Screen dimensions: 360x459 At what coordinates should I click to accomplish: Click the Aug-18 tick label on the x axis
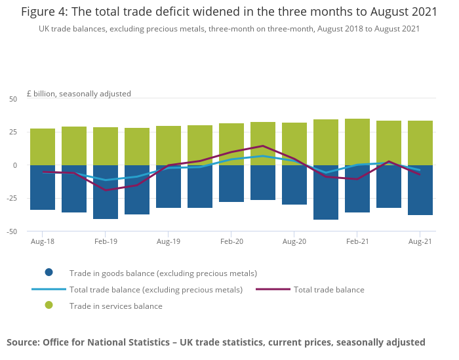tap(43, 241)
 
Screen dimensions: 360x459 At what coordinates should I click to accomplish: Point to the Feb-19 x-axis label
tap(106, 241)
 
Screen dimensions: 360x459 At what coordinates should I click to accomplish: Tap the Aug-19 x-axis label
tap(169, 241)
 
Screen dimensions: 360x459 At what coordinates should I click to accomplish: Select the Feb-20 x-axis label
tap(231, 241)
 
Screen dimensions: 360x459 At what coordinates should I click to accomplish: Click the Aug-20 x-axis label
tap(294, 241)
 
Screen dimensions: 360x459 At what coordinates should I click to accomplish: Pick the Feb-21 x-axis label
tap(357, 241)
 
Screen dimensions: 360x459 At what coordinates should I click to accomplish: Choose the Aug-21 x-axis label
tap(420, 241)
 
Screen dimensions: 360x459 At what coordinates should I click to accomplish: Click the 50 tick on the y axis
tap(13, 99)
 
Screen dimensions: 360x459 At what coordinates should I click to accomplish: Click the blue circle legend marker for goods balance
tap(49, 273)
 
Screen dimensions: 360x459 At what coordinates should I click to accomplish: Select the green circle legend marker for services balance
tap(49, 306)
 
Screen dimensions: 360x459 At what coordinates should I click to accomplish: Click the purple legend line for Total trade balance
tap(273, 289)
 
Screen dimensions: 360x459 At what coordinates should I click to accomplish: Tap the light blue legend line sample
tap(49, 289)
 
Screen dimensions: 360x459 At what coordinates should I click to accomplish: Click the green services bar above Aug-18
tap(43, 147)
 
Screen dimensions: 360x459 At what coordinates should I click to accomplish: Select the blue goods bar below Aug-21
tap(420, 190)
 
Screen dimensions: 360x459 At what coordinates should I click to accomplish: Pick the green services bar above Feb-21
tap(357, 142)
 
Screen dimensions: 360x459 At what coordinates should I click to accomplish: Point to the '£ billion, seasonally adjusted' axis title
tap(79, 94)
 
